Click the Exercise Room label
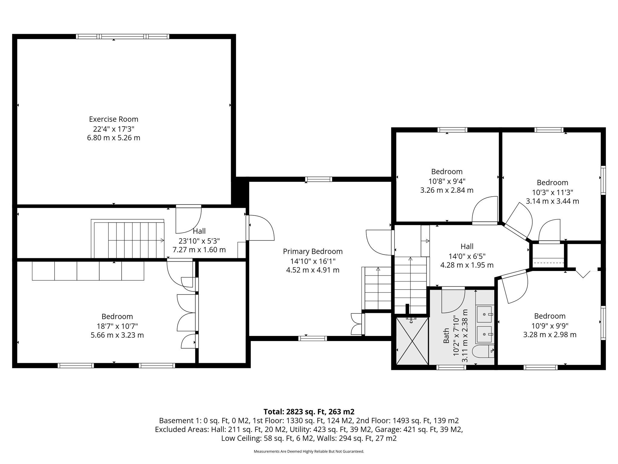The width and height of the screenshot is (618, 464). click(x=113, y=119)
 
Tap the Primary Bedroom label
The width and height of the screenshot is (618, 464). click(x=313, y=251)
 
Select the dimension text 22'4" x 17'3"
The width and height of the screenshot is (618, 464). click(x=113, y=129)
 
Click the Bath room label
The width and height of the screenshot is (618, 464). click(x=446, y=336)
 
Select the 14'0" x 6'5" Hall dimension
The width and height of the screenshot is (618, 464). click(x=467, y=256)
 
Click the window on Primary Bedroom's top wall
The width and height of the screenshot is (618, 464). click(x=318, y=179)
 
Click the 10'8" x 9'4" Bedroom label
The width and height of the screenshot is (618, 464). click(x=447, y=172)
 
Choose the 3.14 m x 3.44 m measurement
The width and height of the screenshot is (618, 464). click(x=552, y=201)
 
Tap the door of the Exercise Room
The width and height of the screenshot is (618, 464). click(x=188, y=219)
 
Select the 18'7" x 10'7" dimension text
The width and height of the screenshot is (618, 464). click(x=117, y=326)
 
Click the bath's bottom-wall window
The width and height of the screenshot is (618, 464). click(x=451, y=367)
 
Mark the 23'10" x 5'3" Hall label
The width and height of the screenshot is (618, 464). click(x=199, y=241)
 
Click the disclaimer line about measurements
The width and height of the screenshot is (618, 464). click(x=309, y=452)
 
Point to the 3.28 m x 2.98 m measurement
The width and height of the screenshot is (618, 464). click(x=550, y=334)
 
